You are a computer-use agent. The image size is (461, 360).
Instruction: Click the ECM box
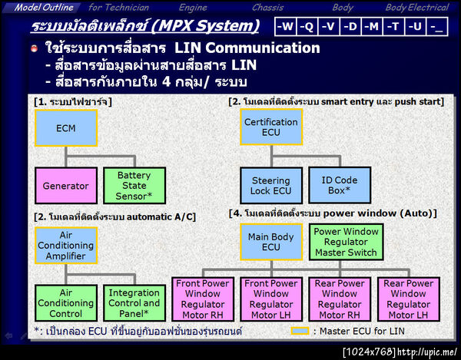click(x=66, y=128)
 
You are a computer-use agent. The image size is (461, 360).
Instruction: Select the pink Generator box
click(x=66, y=187)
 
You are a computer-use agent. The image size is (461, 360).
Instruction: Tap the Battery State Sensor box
click(x=134, y=187)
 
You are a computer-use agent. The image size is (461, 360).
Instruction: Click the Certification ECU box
click(x=270, y=127)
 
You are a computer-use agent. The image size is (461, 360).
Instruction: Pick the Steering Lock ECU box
click(x=270, y=186)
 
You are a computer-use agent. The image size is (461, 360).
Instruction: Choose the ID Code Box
click(x=340, y=186)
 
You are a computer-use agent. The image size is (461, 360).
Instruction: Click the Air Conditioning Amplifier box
click(x=66, y=246)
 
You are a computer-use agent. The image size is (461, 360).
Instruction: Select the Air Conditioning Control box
click(x=66, y=303)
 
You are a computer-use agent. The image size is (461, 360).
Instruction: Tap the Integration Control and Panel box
click(x=134, y=303)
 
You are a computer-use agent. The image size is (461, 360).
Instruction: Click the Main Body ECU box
click(x=270, y=243)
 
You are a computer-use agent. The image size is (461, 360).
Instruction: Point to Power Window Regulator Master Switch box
click(x=345, y=242)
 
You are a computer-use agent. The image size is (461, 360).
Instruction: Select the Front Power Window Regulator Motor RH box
click(x=202, y=299)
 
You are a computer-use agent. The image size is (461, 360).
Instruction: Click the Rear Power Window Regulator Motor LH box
click(x=408, y=299)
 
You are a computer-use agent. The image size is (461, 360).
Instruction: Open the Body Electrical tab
click(x=416, y=7)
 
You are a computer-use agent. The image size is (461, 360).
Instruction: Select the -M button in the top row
click(x=373, y=27)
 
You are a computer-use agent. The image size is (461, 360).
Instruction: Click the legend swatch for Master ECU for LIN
click(x=300, y=332)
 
